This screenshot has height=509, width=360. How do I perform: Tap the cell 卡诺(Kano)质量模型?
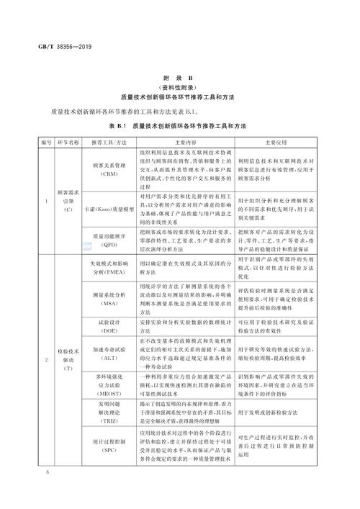(x=109, y=208)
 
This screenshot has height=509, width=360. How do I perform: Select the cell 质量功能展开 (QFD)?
(x=109, y=240)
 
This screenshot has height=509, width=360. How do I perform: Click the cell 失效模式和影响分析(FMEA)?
(x=109, y=269)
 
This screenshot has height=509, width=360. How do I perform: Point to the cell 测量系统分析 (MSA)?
(x=109, y=300)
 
